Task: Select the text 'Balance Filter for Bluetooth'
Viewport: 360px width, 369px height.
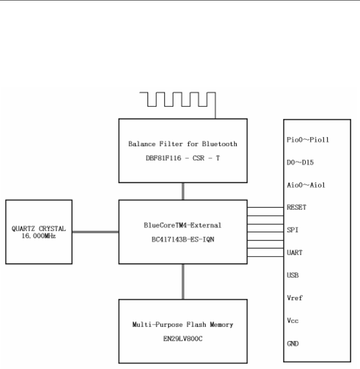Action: [x=183, y=144]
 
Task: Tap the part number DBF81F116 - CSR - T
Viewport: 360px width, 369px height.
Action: [x=183, y=158]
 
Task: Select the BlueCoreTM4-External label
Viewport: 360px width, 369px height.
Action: [x=183, y=225]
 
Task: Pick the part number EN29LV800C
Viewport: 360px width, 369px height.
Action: [x=183, y=339]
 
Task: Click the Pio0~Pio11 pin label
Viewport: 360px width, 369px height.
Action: [x=303, y=140]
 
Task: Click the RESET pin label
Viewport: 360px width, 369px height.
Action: [x=296, y=208]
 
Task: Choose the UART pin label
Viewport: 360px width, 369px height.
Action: [x=294, y=253]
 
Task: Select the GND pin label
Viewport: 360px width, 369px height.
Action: [x=292, y=344]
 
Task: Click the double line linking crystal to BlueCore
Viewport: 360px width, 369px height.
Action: [x=95, y=232]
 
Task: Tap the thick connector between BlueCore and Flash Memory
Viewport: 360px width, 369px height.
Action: [x=183, y=282]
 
